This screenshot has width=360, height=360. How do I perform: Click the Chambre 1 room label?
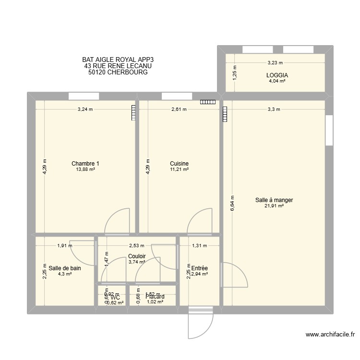(85, 164)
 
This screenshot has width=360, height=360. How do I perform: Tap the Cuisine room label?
(179, 164)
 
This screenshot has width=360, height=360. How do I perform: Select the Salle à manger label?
(274, 200)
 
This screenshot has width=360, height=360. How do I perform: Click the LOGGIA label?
(277, 75)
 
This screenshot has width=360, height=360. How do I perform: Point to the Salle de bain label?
(64, 268)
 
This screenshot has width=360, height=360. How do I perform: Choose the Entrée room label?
(199, 268)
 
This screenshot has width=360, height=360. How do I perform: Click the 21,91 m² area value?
(274, 206)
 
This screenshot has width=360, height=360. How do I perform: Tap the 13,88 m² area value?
(85, 169)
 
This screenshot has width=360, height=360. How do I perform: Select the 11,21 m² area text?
(179, 169)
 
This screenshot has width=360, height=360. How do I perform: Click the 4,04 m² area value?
(277, 81)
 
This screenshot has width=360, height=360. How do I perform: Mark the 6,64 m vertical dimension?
(232, 203)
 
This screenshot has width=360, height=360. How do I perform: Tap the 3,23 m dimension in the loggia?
(275, 62)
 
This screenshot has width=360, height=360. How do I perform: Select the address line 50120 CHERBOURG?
(118, 72)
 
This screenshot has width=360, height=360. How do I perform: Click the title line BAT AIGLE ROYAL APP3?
(118, 60)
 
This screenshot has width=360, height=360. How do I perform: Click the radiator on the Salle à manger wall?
(225, 114)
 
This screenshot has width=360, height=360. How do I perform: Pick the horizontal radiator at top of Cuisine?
(208, 102)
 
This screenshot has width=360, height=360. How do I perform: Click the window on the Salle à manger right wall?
(329, 130)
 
